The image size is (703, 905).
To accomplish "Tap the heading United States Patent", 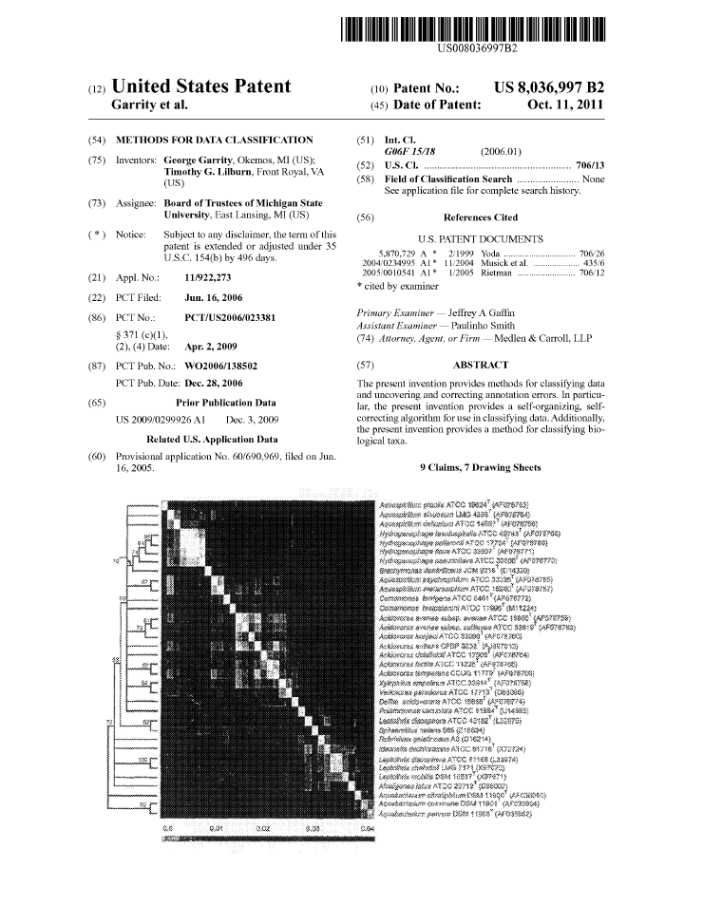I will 201,87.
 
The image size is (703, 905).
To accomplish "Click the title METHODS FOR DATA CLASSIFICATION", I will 214,140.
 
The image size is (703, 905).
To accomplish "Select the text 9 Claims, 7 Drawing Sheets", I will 480,468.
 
